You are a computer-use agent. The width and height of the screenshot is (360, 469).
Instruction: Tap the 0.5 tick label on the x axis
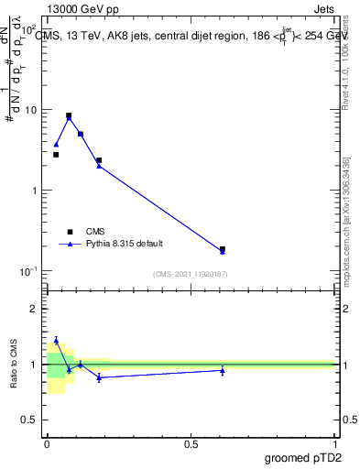(x=191, y=444)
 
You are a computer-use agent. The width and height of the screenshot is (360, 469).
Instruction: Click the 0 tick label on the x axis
(x=47, y=444)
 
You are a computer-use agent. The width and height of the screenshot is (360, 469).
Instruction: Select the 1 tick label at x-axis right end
(x=334, y=444)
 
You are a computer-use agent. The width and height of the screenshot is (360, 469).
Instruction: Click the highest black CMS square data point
(x=69, y=115)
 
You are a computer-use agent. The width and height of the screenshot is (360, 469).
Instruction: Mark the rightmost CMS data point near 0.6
(x=223, y=248)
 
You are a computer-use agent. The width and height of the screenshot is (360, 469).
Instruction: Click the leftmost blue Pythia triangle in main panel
(x=56, y=144)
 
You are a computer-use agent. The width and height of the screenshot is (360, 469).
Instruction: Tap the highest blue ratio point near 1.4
(x=56, y=340)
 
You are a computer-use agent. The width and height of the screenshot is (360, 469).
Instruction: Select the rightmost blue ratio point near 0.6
(x=223, y=370)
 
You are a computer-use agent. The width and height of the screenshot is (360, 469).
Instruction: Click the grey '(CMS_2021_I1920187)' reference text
(x=191, y=273)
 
